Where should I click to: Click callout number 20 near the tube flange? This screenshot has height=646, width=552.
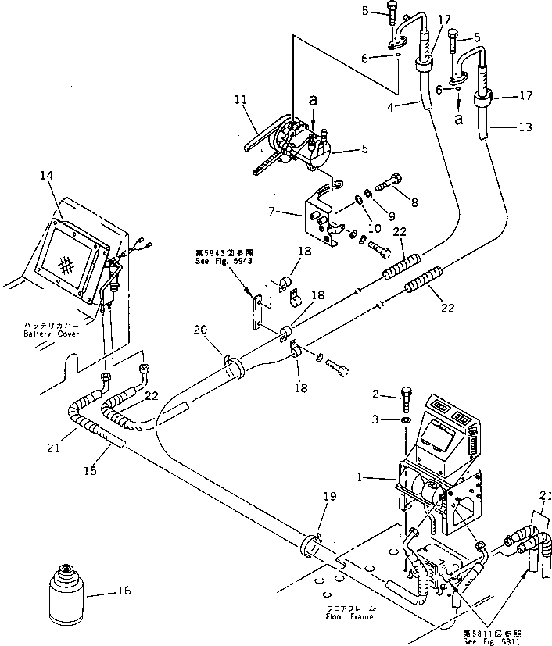(201, 330)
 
